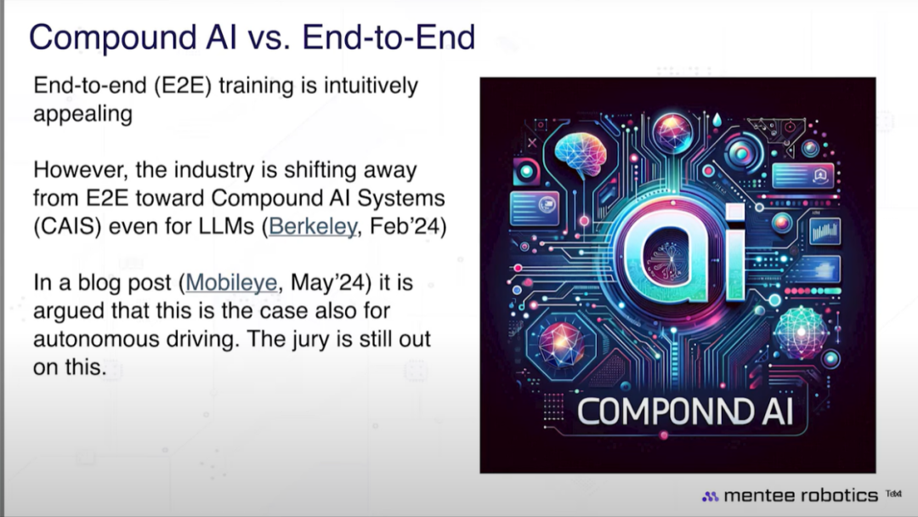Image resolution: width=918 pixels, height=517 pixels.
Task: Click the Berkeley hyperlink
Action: coord(313,226)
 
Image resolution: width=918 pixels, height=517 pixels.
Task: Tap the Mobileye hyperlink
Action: coord(231,283)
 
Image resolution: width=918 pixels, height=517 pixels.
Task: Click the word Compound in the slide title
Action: coord(113,37)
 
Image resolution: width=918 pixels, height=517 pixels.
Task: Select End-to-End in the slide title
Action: coord(388,37)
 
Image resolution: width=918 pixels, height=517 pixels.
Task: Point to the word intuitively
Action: coord(371,86)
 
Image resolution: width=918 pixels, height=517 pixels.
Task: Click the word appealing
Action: coord(82,114)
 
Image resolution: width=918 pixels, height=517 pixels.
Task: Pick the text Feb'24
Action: coord(409,226)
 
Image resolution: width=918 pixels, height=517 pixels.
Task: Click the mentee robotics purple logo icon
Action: coord(710,497)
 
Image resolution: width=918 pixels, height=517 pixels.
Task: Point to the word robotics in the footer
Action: coord(839,496)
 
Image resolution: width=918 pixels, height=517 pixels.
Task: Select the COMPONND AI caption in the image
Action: coord(685,412)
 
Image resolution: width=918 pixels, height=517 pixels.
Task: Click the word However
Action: coord(80,170)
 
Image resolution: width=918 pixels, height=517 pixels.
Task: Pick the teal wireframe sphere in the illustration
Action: coord(801,332)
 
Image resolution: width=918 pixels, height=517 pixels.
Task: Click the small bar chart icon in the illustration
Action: coord(824,230)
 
